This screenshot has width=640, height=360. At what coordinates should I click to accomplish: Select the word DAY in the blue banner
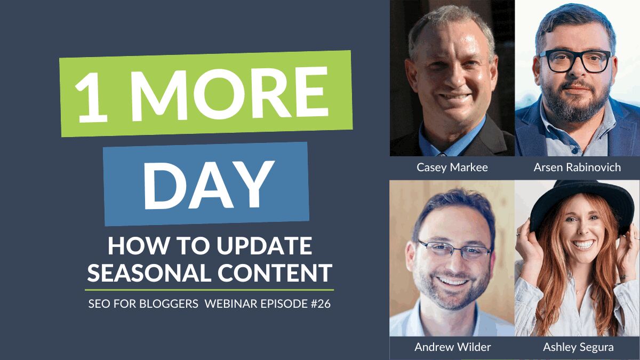(x=206, y=185)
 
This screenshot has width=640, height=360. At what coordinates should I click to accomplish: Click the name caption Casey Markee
(x=452, y=167)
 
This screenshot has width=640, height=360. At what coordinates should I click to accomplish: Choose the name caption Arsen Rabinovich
(x=577, y=167)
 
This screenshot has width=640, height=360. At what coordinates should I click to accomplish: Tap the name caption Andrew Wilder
(x=452, y=347)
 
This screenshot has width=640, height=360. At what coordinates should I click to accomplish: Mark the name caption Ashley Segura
(x=578, y=347)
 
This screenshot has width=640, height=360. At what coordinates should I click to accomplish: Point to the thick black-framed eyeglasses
(x=575, y=61)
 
